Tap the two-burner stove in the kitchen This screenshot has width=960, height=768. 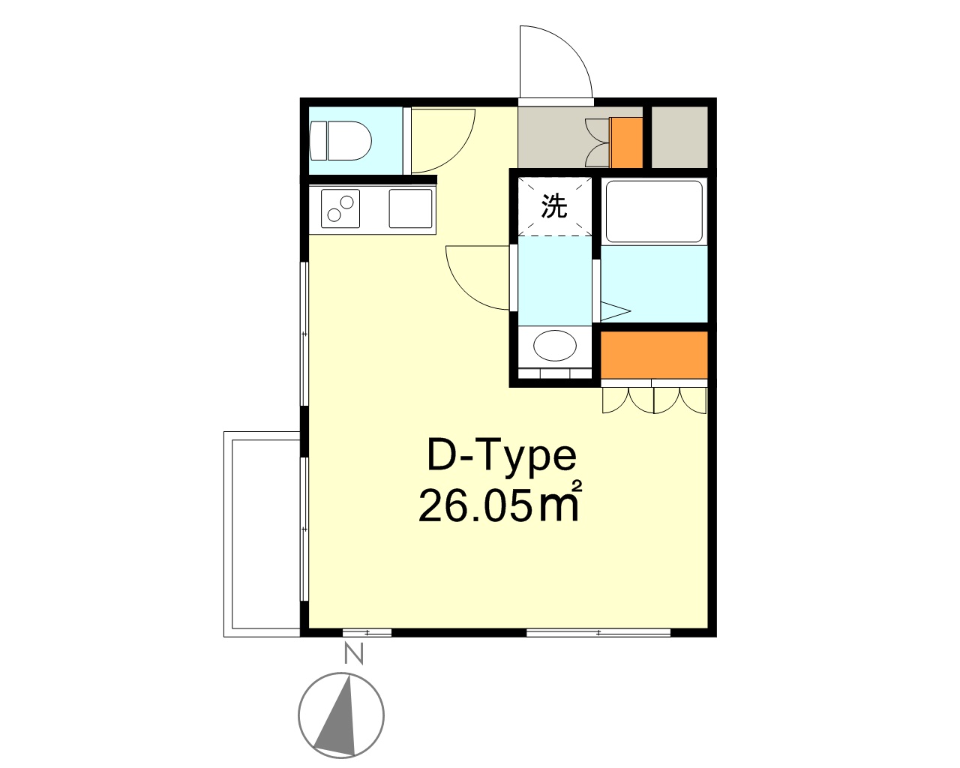pyautogui.click(x=340, y=208)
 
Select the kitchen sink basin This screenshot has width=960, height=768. pyautogui.click(x=410, y=208)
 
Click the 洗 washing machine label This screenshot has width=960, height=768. pyautogui.click(x=554, y=205)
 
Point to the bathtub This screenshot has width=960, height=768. pyautogui.click(x=653, y=211)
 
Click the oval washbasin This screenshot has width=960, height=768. pyautogui.click(x=555, y=346)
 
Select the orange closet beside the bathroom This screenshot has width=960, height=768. pyautogui.click(x=654, y=355)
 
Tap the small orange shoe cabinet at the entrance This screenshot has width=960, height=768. pyautogui.click(x=627, y=142)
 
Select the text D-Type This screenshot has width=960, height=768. pyautogui.click(x=501, y=455)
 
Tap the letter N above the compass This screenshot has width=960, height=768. pyautogui.click(x=353, y=655)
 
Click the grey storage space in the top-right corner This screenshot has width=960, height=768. pyautogui.click(x=679, y=137)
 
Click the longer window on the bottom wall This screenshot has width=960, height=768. pyautogui.click(x=598, y=632)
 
